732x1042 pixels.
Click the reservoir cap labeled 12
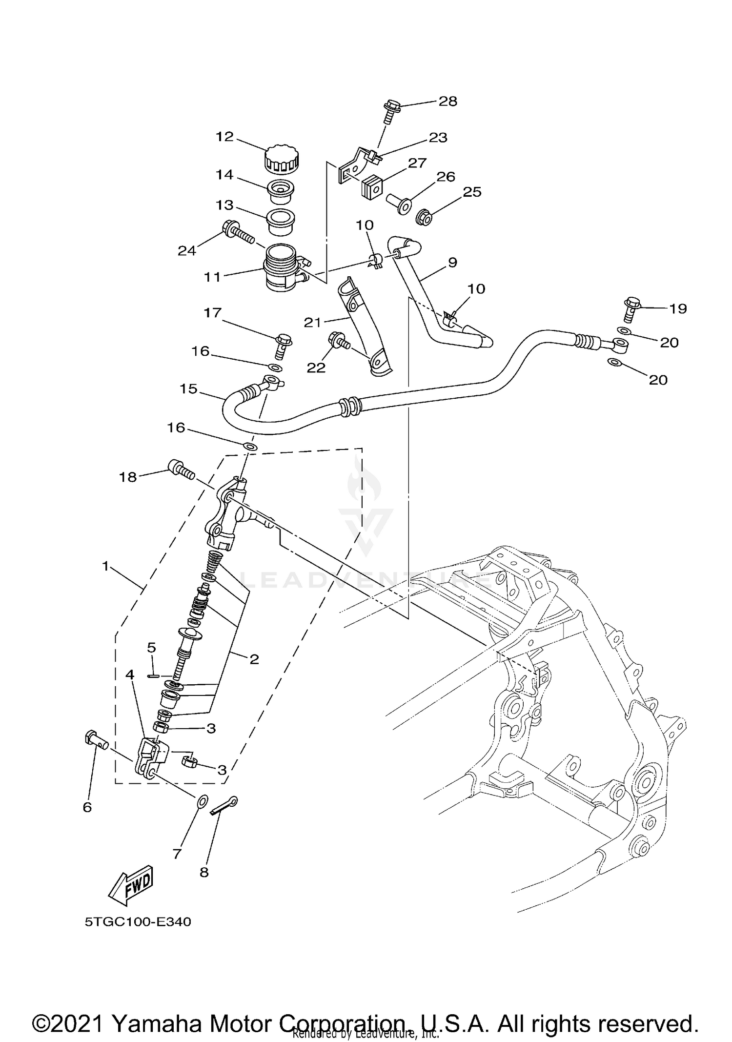282,159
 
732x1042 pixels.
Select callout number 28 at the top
447,101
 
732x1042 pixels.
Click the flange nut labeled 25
424,218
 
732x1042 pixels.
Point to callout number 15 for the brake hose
188,389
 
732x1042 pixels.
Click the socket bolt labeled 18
182,469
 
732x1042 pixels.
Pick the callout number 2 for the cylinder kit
254,659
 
